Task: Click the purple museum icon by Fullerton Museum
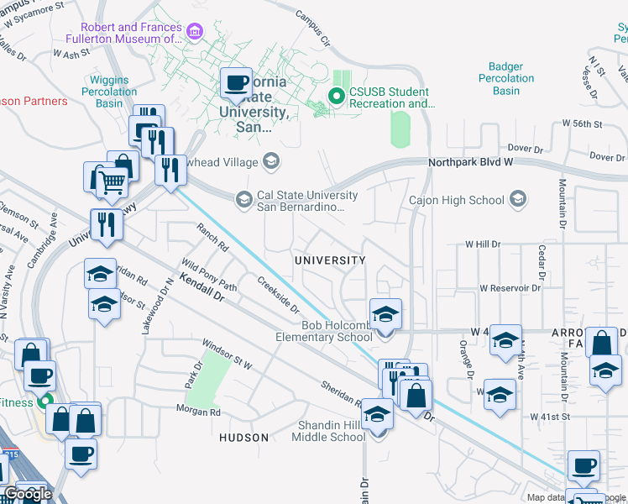point(195,32)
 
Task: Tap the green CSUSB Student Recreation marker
point(337,97)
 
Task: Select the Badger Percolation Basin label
point(506,78)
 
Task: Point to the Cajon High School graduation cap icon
point(518,200)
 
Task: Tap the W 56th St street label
point(584,124)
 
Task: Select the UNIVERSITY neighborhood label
point(330,260)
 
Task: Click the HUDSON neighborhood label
point(243,438)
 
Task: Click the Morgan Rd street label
point(198,411)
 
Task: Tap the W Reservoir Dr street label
point(510,287)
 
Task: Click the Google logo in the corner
point(28,494)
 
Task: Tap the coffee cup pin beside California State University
point(236,84)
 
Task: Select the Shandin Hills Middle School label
point(328,431)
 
